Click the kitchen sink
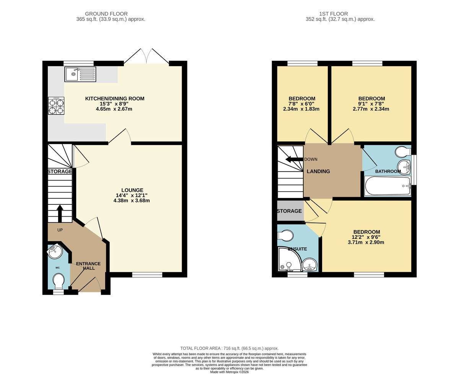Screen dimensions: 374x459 (81, 74)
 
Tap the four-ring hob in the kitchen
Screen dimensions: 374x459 (56, 106)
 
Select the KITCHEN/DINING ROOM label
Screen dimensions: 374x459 (115, 99)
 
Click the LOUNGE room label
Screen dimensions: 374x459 (132, 190)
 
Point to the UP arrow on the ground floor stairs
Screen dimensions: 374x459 (60, 213)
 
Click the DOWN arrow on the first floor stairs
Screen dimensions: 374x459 (293, 159)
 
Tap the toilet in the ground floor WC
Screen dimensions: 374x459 (59, 283)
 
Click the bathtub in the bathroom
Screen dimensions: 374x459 (387, 186)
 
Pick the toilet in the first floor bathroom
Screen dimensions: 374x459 (403, 152)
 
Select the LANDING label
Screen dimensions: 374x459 (318, 171)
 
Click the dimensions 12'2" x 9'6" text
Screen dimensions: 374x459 (366, 242)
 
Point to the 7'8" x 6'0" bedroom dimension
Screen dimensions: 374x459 (301, 104)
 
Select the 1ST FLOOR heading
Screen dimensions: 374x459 (340, 14)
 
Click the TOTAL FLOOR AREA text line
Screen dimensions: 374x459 (229, 348)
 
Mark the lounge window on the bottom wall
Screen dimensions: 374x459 (147, 274)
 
